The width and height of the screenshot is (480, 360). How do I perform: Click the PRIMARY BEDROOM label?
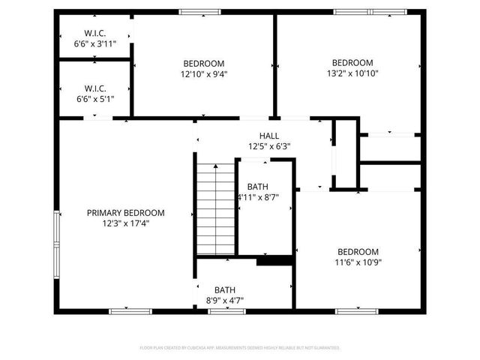coord(125,213)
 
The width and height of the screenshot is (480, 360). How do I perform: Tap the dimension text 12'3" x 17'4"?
coord(125,223)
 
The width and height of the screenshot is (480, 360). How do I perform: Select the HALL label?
coord(269,136)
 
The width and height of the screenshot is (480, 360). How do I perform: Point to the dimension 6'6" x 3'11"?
coord(95,44)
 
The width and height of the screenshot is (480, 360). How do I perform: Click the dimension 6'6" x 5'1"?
coord(95,99)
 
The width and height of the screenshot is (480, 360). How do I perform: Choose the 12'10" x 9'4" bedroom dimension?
coord(203,74)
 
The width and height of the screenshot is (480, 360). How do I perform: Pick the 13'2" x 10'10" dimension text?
coord(352,73)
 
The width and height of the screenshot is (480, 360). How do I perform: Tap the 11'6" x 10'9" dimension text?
coord(358,262)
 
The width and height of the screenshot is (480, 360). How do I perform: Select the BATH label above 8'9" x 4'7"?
coord(225,289)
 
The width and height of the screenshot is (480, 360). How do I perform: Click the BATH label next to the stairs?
coord(257,187)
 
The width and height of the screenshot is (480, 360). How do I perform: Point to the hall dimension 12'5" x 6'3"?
coord(269,146)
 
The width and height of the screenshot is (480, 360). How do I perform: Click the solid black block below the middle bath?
coord(274,261)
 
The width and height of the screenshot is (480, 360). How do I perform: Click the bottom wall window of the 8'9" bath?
coord(226,310)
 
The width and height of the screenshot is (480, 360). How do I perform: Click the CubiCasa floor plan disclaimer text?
coord(240,348)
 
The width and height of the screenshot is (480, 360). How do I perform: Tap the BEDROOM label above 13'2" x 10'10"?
coord(352,62)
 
